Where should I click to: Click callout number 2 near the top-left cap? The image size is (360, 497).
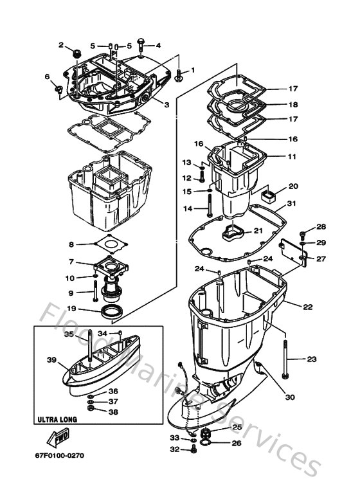tap(62, 45)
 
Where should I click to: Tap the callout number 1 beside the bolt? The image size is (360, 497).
tap(191, 70)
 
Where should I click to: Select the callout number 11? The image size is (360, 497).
tap(292, 156)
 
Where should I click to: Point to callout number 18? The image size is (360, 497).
tap(292, 104)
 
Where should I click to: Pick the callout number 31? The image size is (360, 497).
tap(292, 204)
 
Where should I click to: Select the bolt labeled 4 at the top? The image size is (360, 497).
tap(143, 46)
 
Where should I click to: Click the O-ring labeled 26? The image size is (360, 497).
tap(204, 442)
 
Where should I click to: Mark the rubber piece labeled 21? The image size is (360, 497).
tap(233, 233)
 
